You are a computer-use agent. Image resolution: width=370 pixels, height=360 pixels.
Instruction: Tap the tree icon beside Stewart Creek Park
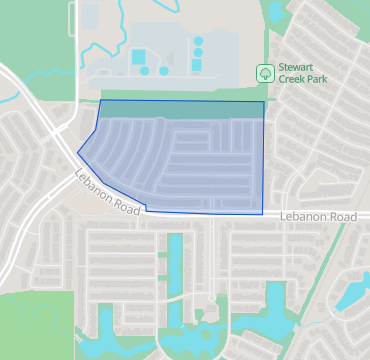(265, 72)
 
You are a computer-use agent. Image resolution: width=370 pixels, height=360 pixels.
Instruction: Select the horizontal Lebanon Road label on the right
(318, 216)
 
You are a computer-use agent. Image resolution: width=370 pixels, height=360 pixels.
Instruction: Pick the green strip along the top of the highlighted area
(180, 109)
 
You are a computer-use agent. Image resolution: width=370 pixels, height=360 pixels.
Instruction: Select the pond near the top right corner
(274, 10)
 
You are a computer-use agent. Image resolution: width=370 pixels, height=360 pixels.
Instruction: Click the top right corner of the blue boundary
(264, 101)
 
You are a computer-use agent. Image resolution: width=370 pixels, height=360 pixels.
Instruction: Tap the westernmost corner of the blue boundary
(78, 152)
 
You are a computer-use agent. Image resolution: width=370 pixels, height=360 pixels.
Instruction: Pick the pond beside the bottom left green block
(102, 325)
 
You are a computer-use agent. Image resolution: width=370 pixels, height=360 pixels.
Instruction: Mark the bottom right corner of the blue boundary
(262, 214)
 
